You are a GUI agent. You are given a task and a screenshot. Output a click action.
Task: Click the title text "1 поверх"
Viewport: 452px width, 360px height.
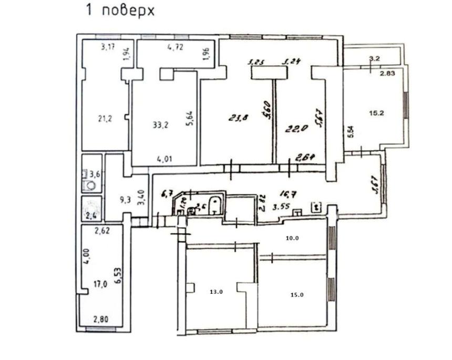pos(120,11)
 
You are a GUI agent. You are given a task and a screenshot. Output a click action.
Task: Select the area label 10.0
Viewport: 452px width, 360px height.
pos(292,238)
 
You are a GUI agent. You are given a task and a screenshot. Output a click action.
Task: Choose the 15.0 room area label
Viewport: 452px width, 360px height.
pos(296,295)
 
